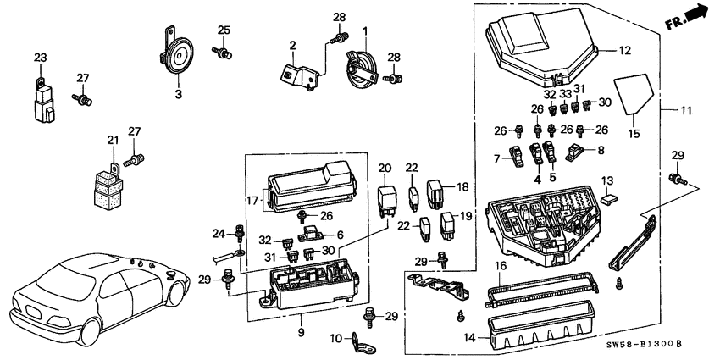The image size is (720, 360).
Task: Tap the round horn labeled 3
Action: (179, 58)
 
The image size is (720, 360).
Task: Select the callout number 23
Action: (41, 58)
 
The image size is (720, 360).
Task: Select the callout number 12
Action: (624, 52)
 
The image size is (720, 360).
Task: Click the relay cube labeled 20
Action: (386, 202)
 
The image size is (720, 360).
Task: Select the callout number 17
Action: (252, 201)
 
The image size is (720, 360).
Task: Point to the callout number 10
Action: (335, 339)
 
